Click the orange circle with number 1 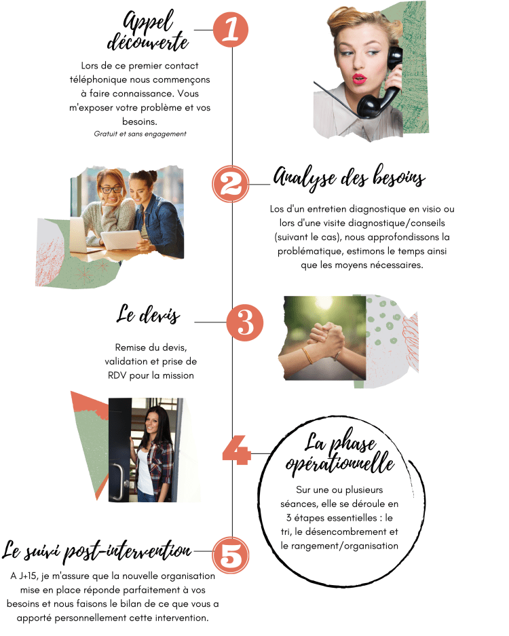[x=230, y=29]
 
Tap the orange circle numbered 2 [x=230, y=184]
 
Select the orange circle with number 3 [x=244, y=322]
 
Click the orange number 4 [x=236, y=450]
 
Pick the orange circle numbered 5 [x=230, y=555]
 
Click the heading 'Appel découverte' [x=148, y=32]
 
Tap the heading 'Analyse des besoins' [x=350, y=178]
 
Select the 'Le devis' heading [x=148, y=314]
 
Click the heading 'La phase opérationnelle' [x=340, y=453]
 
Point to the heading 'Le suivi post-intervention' [x=96, y=551]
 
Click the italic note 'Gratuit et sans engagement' [x=140, y=134]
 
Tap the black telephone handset [x=379, y=85]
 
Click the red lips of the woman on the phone [x=359, y=78]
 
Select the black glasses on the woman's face [x=111, y=189]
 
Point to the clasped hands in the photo [x=326, y=339]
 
